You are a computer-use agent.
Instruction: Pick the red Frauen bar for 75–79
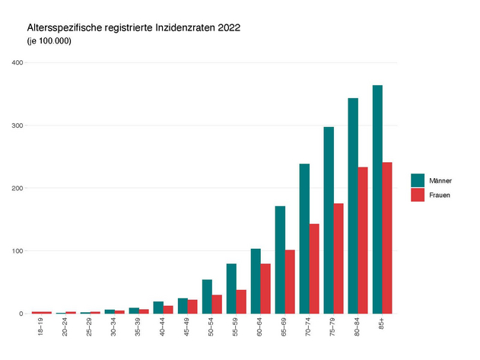(339, 258)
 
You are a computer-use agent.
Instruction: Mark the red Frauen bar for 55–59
(241, 301)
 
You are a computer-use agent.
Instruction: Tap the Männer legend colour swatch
(418, 180)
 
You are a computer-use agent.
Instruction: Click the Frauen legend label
(440, 195)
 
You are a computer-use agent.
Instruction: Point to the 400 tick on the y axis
(17, 62)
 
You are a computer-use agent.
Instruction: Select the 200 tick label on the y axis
(17, 188)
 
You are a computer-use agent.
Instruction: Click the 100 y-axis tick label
(17, 251)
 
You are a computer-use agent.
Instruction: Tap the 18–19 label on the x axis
(41, 328)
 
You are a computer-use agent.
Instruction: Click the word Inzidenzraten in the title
(182, 28)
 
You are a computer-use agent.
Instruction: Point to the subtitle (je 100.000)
(49, 41)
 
